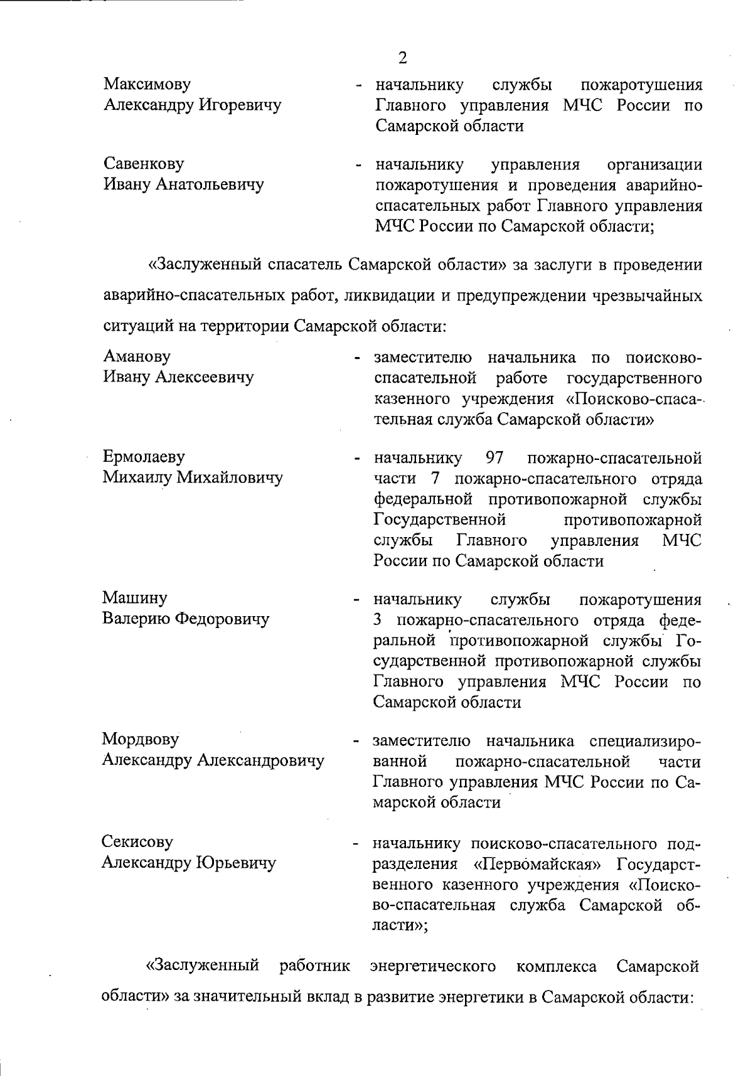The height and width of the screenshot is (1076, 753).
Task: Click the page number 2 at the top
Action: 402,58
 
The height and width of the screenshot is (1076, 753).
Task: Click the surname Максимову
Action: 147,84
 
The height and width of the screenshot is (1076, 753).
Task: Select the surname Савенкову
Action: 144,164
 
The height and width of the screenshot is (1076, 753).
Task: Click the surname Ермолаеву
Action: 144,457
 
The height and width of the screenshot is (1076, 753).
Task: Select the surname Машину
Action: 134,598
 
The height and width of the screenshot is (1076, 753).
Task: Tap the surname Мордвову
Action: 141,740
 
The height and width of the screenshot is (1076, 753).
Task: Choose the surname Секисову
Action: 137,842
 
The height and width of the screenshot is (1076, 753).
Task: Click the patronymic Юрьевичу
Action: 236,863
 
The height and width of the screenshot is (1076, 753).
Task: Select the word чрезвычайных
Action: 647,295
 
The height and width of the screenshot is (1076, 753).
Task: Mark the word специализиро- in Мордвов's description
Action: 645,742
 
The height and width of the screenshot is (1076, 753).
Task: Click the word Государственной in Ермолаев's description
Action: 440,519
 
